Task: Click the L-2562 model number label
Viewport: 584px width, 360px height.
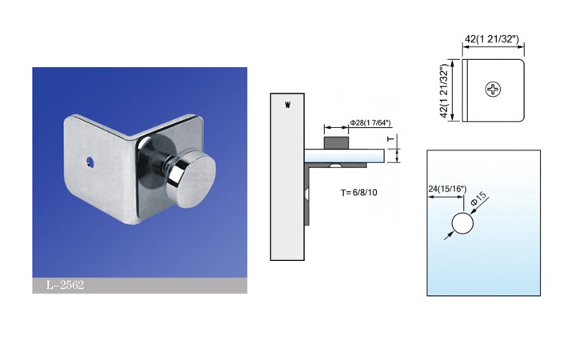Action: [x=65, y=285]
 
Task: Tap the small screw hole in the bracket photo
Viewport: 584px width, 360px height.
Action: [x=90, y=162]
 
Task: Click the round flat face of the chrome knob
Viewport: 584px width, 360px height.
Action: [x=195, y=181]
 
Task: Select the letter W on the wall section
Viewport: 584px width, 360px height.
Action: [x=287, y=106]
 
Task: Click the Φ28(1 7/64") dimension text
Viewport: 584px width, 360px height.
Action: [x=370, y=123]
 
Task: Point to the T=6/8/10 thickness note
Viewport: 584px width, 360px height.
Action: [x=358, y=193]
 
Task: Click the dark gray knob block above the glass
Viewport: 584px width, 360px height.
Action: [x=336, y=143]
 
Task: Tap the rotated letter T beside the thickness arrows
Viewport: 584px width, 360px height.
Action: [x=390, y=139]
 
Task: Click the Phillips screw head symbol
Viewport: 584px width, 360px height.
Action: [x=493, y=90]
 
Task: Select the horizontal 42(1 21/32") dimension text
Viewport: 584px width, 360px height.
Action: [x=492, y=39]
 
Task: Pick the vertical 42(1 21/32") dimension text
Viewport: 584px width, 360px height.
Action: [x=444, y=91]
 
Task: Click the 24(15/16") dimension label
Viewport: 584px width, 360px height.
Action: [x=447, y=189]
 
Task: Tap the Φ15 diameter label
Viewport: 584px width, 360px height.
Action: [x=478, y=198]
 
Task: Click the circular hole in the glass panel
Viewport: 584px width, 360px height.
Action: [x=462, y=223]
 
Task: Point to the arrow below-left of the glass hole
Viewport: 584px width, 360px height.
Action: [x=449, y=235]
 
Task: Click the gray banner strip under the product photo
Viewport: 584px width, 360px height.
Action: [x=140, y=285]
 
